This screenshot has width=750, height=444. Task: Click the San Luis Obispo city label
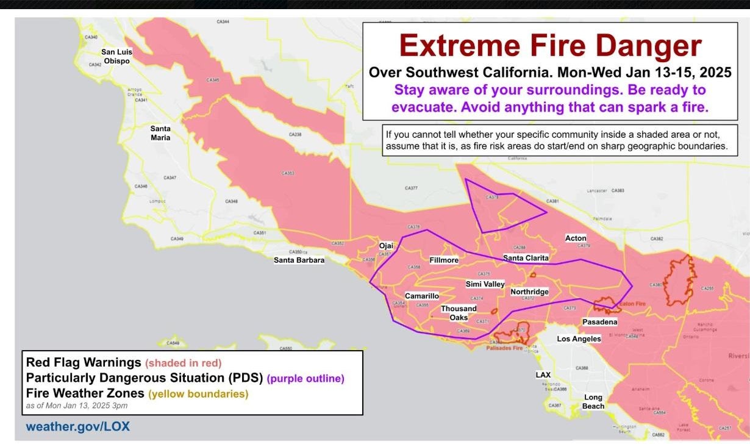116,56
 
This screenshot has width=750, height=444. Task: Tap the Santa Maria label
160,133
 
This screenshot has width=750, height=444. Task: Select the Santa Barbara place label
299,260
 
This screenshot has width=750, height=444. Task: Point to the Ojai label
387,246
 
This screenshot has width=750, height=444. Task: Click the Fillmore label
444,260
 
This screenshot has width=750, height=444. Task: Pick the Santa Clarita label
526,258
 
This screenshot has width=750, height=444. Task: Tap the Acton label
576,238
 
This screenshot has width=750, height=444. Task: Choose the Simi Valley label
485,284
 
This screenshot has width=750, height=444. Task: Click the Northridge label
529,292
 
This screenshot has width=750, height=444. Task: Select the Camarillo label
422,296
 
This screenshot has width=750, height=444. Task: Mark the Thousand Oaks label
459,313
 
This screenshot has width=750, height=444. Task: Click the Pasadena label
599,321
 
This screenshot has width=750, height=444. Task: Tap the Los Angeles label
579,338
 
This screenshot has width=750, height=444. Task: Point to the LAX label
543,374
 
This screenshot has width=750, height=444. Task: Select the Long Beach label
593,401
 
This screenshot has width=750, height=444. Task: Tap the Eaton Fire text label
632,303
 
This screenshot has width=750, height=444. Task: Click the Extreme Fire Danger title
551,46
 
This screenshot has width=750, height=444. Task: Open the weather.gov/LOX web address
77,426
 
